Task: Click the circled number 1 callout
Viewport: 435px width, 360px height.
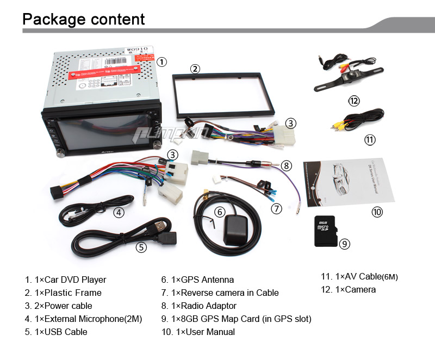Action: click(161, 62)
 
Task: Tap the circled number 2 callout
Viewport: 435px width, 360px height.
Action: click(195, 69)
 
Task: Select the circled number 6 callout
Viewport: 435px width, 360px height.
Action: click(220, 212)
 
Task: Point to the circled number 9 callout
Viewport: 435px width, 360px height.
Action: click(344, 244)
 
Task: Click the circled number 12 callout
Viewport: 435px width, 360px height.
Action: click(354, 101)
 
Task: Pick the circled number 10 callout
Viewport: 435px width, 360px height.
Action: click(377, 212)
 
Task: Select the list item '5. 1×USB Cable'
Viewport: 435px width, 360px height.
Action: click(56, 332)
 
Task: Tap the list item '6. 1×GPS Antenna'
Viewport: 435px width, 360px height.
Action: click(197, 280)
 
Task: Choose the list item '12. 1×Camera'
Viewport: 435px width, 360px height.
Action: click(348, 289)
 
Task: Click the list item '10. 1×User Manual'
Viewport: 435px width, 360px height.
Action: click(198, 332)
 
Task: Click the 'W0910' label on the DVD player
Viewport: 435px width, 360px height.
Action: click(137, 49)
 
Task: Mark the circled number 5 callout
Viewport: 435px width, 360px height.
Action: click(141, 247)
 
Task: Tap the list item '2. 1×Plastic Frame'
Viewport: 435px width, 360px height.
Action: click(63, 293)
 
